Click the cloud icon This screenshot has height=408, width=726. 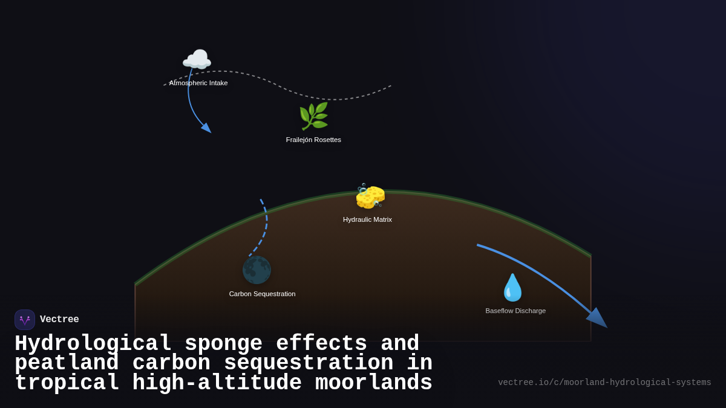click(x=197, y=60)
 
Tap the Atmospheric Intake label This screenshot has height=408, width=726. click(x=198, y=83)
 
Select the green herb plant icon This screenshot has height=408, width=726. click(x=313, y=116)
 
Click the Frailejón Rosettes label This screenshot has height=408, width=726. click(x=313, y=140)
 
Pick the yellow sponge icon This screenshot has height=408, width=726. click(x=370, y=196)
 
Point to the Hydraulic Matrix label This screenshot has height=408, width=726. click(x=367, y=219)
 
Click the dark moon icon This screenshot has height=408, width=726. click(x=257, y=270)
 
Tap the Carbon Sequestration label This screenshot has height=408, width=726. click(x=262, y=294)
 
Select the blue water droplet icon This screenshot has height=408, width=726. click(x=512, y=287)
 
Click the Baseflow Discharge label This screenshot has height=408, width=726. click(x=515, y=311)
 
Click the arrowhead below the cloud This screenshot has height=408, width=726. click(x=206, y=128)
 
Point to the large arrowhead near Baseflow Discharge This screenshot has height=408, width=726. click(x=597, y=318)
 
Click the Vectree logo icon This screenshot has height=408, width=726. click(x=25, y=320)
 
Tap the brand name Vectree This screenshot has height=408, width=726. click(x=59, y=320)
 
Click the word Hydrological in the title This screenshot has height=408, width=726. click(x=93, y=343)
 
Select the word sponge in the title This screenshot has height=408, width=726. click(x=223, y=343)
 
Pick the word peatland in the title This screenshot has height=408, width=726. click(x=67, y=363)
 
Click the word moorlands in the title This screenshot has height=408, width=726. click(x=373, y=383)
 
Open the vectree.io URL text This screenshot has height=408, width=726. click(x=604, y=383)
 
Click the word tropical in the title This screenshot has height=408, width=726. click(x=67, y=383)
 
